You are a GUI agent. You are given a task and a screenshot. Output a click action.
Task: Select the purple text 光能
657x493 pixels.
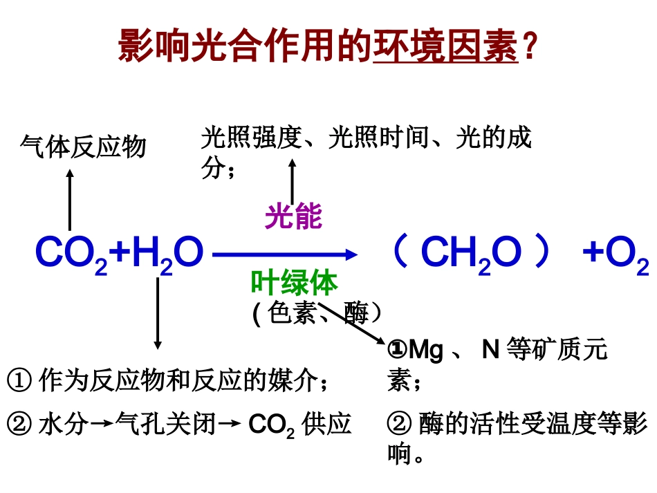[x=293, y=217]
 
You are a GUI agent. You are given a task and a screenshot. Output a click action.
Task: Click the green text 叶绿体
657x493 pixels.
[x=294, y=283]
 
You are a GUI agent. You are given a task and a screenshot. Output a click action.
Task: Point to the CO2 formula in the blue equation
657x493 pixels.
[x=71, y=254]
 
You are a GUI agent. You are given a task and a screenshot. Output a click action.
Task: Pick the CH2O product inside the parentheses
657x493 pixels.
[x=470, y=254]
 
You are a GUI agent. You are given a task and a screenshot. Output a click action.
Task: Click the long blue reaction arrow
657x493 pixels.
[x=284, y=255]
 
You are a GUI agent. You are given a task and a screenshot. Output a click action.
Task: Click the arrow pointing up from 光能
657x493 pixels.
[x=293, y=180]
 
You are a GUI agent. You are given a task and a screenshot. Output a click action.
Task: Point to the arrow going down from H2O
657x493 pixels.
[x=158, y=311]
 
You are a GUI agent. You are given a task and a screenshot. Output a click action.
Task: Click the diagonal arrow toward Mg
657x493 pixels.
[x=353, y=324]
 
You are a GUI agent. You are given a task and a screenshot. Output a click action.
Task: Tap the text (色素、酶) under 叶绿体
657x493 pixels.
[x=317, y=314]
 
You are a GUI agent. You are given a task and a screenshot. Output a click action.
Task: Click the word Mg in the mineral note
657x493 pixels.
[x=426, y=350]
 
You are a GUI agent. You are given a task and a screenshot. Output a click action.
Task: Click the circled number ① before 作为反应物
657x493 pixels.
[x=19, y=380]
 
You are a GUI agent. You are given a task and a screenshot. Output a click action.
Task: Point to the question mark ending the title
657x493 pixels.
[x=530, y=47]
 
